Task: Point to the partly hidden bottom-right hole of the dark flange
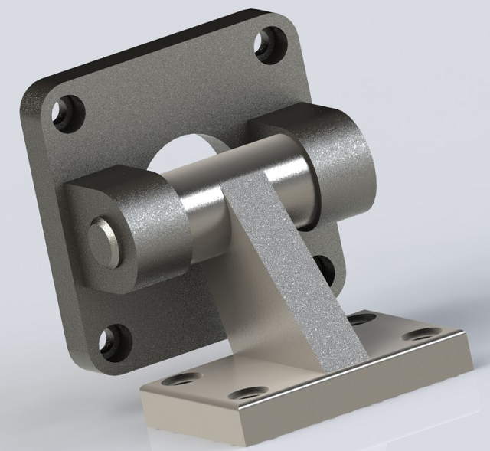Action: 324,268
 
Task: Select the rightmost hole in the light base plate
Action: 418,335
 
